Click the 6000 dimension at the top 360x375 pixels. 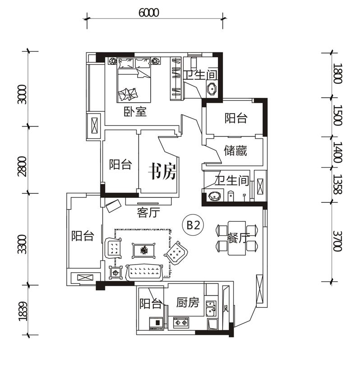tap(148, 13)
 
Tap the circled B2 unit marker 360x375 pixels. tap(193, 225)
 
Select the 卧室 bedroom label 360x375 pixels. tap(135, 112)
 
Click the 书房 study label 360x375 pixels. tap(163, 171)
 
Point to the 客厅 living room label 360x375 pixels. tap(148, 213)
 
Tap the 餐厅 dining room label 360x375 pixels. tap(238, 238)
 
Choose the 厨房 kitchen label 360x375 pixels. tap(188, 302)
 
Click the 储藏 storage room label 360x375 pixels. tap(235, 151)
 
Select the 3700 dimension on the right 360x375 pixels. tap(338, 241)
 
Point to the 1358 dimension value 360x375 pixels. tap(338, 184)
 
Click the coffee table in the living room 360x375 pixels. tap(143, 251)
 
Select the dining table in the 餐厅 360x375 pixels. tap(237, 238)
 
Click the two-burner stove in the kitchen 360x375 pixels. tap(181, 323)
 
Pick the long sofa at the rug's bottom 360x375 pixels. tap(144, 272)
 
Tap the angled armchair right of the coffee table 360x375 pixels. tap(176, 253)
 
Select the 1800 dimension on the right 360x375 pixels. tap(338, 73)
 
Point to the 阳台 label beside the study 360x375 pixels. tap(120, 165)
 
